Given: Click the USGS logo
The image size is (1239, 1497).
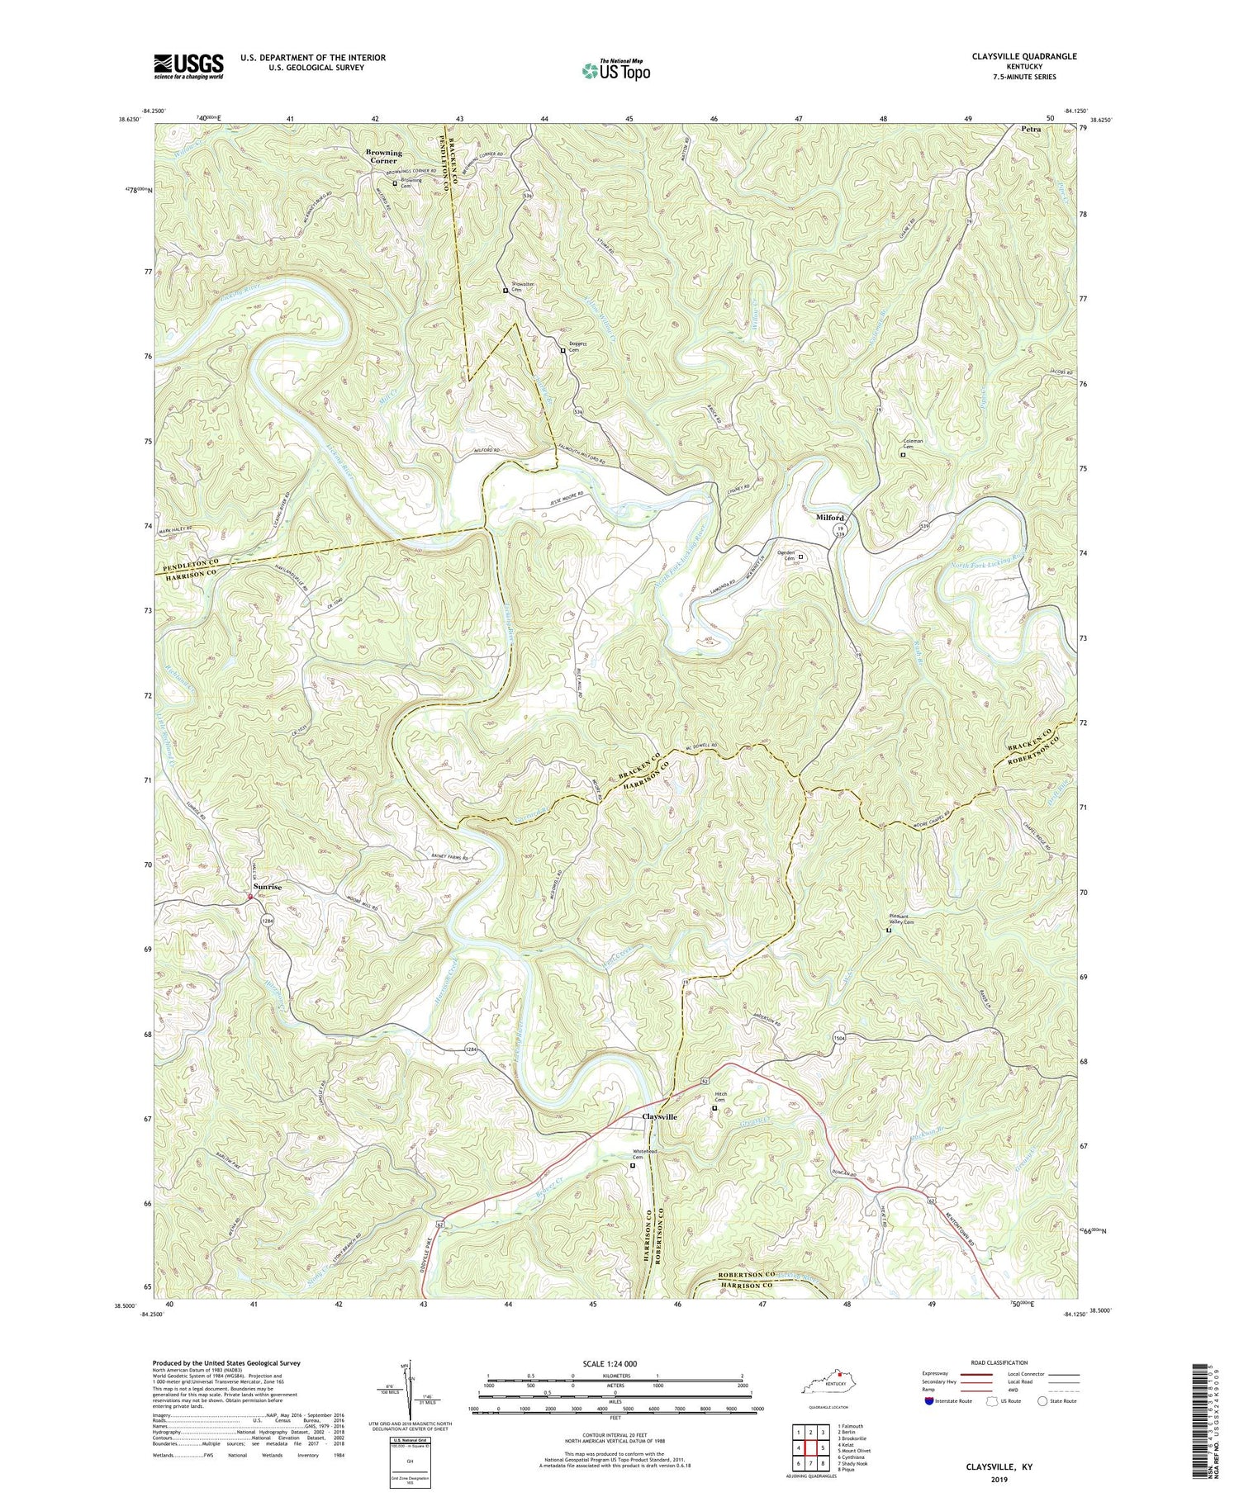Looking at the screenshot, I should click(188, 66).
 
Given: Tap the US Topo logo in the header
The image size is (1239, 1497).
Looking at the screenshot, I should click(615, 70).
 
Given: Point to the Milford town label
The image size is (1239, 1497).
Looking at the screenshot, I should click(830, 518).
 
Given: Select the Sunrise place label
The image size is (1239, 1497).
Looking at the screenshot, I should click(268, 886).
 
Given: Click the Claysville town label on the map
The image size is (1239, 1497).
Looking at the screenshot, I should click(659, 1116).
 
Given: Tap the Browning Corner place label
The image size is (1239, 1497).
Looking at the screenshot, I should click(384, 156).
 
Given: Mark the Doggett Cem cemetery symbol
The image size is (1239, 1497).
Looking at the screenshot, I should click(563, 351).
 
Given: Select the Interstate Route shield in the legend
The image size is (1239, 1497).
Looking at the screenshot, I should click(929, 1401).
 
